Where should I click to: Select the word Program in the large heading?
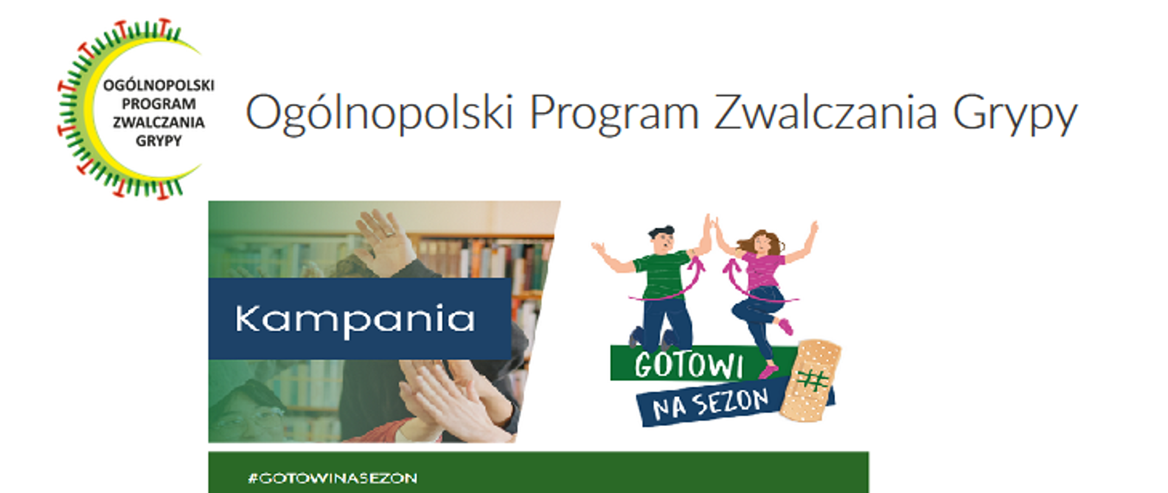(614, 113)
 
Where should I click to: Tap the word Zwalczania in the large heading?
(825, 113)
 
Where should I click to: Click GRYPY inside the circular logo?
(158, 141)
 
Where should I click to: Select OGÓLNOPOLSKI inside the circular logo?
(158, 85)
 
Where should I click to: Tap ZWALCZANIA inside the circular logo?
(158, 122)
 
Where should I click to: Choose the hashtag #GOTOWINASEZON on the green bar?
(332, 478)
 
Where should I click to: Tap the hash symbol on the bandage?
(813, 381)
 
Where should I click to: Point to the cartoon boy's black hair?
(661, 231)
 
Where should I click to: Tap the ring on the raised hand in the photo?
(389, 232)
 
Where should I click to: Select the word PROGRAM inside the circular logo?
(158, 104)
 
